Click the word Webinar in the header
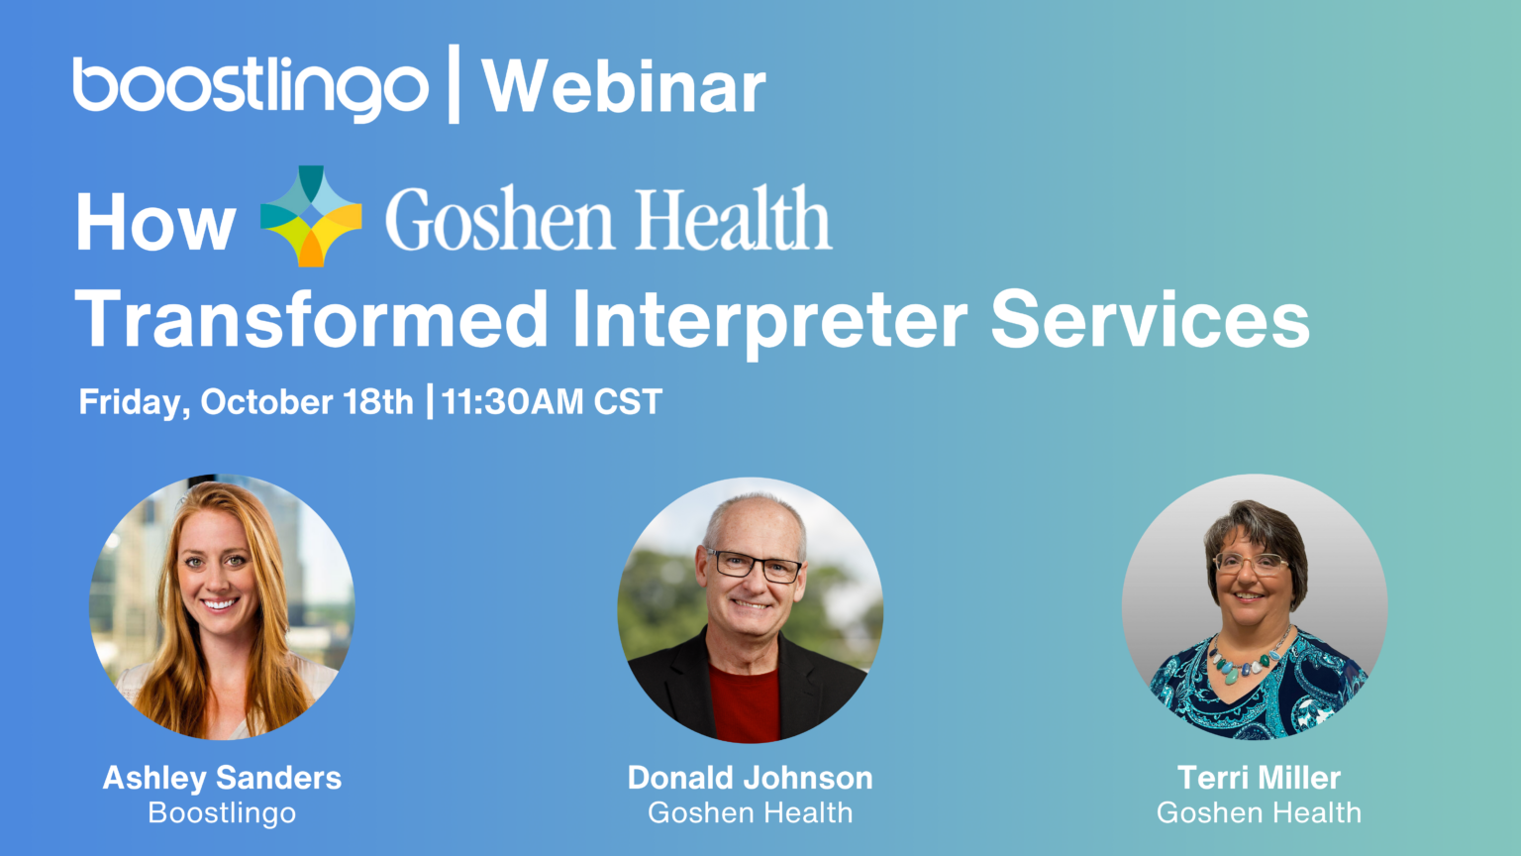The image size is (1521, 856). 624,87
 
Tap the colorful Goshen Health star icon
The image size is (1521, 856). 311,216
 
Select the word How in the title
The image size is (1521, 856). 155,223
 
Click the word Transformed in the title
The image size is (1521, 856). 311,320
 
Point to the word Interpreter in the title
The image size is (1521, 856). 769,320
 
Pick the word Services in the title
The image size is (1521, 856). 1150,320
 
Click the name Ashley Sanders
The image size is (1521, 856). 222,778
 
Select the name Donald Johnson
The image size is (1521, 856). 750,778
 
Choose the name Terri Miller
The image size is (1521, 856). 1259,778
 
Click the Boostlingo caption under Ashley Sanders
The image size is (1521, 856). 222,813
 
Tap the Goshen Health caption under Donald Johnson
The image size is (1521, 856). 750,813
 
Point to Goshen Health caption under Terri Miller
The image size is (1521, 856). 1259,813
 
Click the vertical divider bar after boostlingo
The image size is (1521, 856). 454,84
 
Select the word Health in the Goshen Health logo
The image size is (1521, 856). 732,219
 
